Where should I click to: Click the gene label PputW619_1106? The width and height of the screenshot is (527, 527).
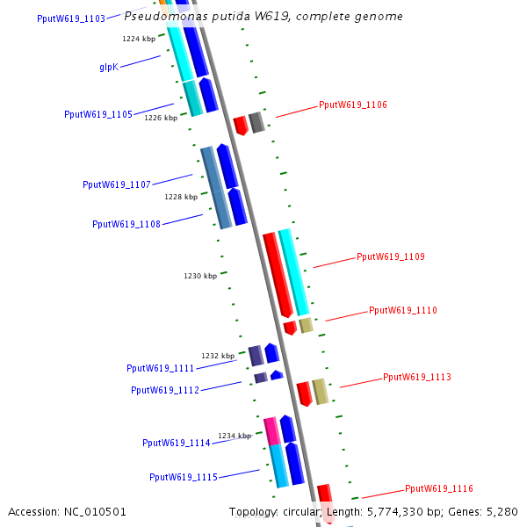pyautogui.click(x=352, y=105)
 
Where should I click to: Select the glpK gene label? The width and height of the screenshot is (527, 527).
pyautogui.click(x=109, y=67)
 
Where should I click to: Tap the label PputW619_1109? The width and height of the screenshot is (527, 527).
pyautogui.click(x=390, y=257)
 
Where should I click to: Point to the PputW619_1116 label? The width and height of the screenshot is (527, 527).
pyautogui.click(x=438, y=489)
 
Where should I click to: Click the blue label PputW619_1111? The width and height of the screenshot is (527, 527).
pyautogui.click(x=160, y=369)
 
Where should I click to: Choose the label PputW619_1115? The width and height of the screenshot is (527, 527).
pyautogui.click(x=183, y=478)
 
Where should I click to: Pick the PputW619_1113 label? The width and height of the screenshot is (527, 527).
pyautogui.click(x=416, y=378)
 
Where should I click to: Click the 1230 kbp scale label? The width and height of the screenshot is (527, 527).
pyautogui.click(x=200, y=276)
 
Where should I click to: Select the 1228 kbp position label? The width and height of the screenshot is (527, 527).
pyautogui.click(x=181, y=197)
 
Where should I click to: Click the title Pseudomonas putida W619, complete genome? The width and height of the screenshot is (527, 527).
pyautogui.click(x=263, y=17)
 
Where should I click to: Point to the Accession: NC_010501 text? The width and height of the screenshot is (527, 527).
pyautogui.click(x=68, y=512)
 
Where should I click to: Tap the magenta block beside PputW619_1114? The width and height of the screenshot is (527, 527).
pyautogui.click(x=271, y=430)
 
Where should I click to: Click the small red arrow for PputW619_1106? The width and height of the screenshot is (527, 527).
pyautogui.click(x=240, y=125)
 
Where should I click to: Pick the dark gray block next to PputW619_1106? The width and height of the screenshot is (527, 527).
pyautogui.click(x=256, y=122)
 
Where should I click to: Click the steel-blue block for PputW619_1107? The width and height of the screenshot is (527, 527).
pyautogui.click(x=215, y=188)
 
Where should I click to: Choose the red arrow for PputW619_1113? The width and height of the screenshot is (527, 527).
pyautogui.click(x=304, y=393)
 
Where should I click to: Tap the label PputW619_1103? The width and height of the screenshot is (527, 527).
pyautogui.click(x=71, y=18)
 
